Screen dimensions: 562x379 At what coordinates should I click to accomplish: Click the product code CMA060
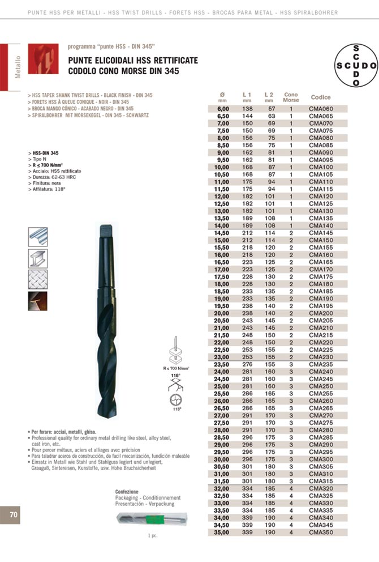tap(321, 108)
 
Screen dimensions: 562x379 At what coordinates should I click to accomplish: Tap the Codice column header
tap(321, 97)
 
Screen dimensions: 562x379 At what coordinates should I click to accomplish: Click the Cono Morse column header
tap(291, 97)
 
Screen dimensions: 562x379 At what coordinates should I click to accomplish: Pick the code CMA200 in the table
tap(321, 313)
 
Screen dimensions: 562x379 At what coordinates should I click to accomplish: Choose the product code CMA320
tap(321, 488)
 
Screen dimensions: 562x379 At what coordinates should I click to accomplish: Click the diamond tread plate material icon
tap(38, 280)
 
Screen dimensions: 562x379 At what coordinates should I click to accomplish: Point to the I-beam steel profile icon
tap(38, 258)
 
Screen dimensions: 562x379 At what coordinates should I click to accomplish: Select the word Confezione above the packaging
tap(127, 491)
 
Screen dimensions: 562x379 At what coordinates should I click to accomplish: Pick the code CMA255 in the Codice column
tap(321, 393)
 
